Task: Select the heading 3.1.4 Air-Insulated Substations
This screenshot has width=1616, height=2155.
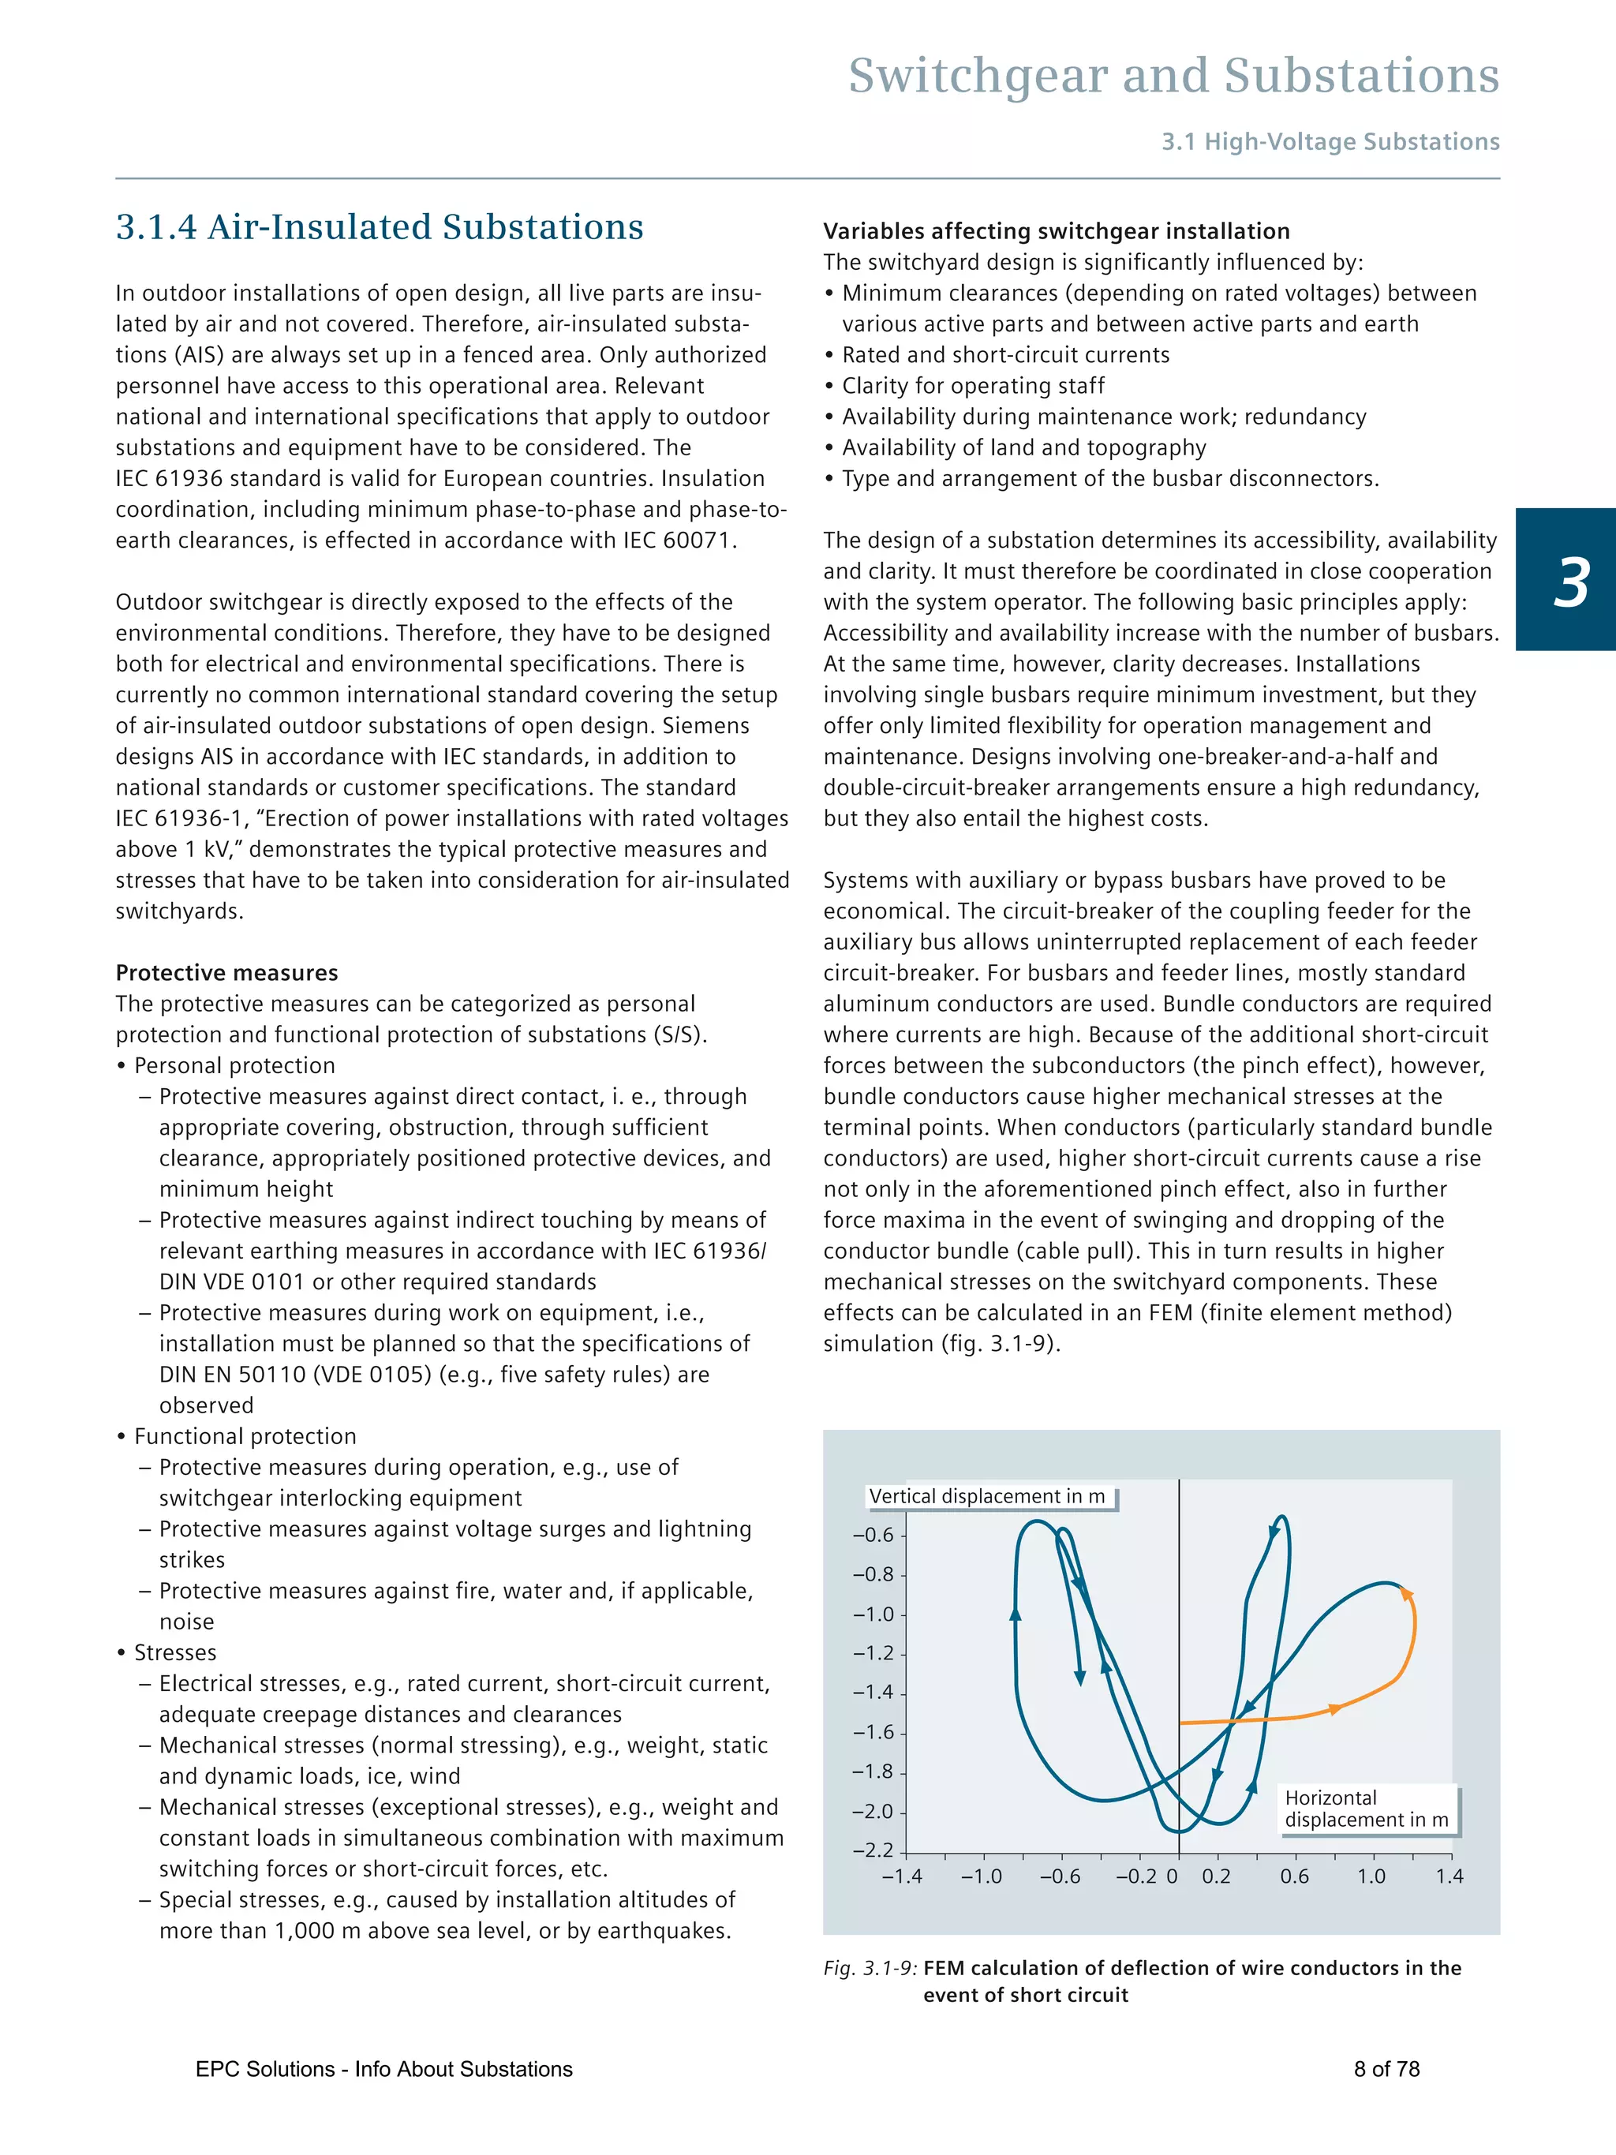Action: point(379,227)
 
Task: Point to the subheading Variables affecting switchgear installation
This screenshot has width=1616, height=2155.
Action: point(1056,231)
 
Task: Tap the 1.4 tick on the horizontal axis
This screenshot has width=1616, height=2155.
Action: point(1449,1876)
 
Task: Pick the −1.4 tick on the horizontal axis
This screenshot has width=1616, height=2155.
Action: point(902,1876)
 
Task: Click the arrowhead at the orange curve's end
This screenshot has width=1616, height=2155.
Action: point(1405,1594)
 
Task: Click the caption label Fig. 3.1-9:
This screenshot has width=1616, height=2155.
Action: point(869,1968)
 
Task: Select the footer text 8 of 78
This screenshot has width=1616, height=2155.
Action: point(1386,2069)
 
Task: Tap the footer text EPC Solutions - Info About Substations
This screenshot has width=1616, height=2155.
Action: point(383,2069)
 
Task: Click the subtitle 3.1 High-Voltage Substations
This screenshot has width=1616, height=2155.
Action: point(1330,142)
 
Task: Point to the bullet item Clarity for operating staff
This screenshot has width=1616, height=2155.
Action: point(972,386)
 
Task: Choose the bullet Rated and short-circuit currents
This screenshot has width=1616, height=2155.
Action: point(1005,354)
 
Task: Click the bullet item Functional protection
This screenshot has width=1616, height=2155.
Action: point(245,1436)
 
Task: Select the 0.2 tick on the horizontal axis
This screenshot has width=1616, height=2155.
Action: point(1216,1876)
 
